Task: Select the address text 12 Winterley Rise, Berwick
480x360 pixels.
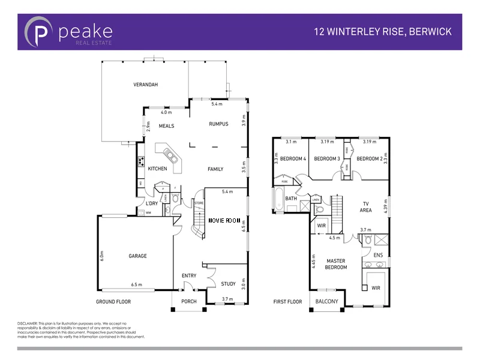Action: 383,31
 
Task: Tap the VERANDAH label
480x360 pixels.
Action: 145,85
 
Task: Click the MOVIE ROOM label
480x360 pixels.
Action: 224,221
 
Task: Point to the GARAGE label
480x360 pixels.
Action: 137,256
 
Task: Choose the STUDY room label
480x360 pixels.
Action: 228,284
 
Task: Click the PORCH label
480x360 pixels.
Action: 189,302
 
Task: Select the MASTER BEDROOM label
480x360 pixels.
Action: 337,264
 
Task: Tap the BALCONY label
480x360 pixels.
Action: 327,302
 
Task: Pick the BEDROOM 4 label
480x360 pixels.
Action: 293,158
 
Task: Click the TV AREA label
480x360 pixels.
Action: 366,206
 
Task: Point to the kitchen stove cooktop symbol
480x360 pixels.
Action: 141,160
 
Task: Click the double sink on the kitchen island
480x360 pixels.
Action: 172,157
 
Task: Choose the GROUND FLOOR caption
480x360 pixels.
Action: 113,302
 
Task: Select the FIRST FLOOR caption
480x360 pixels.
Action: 287,302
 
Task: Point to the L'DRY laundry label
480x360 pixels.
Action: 152,203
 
